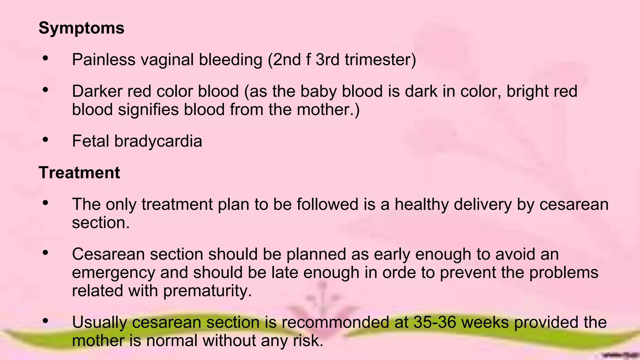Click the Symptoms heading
pyautogui.click(x=81, y=28)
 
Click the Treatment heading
pyautogui.click(x=79, y=172)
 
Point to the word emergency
pyautogui.click(x=113, y=272)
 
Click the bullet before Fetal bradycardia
pyautogui.click(x=46, y=140)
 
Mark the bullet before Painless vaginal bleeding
pyautogui.click(x=46, y=58)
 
